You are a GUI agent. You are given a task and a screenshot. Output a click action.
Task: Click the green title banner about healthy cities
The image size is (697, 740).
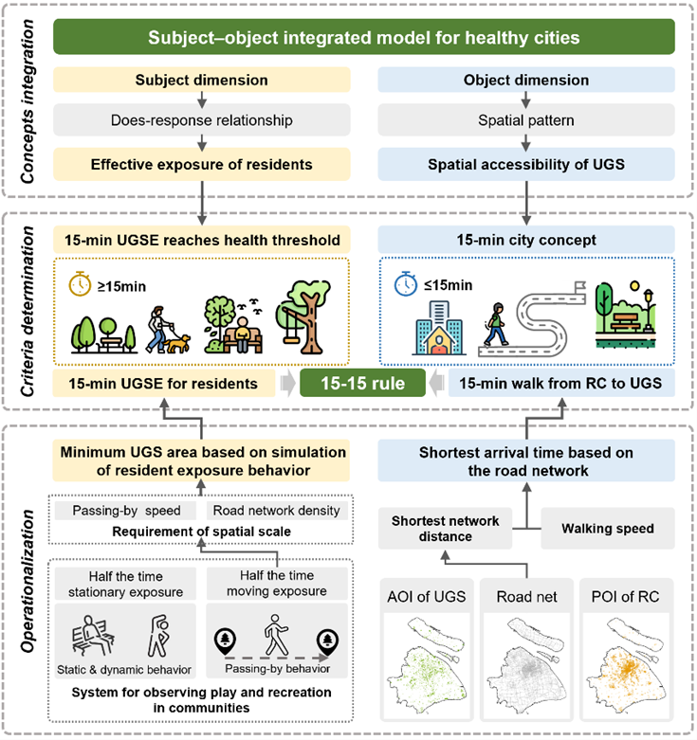(x=363, y=37)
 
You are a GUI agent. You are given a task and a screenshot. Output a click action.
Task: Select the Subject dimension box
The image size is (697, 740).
(x=202, y=80)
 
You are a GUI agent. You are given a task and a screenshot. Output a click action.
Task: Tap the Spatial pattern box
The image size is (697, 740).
(x=526, y=120)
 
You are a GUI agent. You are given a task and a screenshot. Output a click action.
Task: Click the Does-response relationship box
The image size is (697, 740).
(x=202, y=120)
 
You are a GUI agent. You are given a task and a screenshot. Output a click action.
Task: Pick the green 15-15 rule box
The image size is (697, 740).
(x=362, y=383)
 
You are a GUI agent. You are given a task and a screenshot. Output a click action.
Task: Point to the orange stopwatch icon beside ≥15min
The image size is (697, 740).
(x=80, y=284)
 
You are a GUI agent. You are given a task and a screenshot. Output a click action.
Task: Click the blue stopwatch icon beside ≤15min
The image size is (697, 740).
(x=406, y=283)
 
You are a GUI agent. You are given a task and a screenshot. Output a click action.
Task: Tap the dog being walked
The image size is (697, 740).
(x=177, y=344)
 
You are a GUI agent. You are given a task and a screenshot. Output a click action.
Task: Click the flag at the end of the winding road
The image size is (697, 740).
(x=580, y=286)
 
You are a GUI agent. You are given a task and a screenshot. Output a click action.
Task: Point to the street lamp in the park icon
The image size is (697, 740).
(x=649, y=309)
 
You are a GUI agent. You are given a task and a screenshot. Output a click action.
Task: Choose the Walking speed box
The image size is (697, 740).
(x=608, y=528)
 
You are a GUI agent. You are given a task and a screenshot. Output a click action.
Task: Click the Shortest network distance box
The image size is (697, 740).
(x=445, y=528)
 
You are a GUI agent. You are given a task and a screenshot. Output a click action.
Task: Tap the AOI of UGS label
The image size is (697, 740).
(x=427, y=597)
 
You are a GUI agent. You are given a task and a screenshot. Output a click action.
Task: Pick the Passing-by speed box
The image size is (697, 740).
(x=126, y=510)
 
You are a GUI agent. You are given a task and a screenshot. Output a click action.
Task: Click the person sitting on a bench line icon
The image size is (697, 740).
(x=93, y=635)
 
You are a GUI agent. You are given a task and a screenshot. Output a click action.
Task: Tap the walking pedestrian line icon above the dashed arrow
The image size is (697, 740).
(x=276, y=635)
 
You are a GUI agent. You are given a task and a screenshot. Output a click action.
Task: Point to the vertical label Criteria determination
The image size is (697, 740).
(x=27, y=312)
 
